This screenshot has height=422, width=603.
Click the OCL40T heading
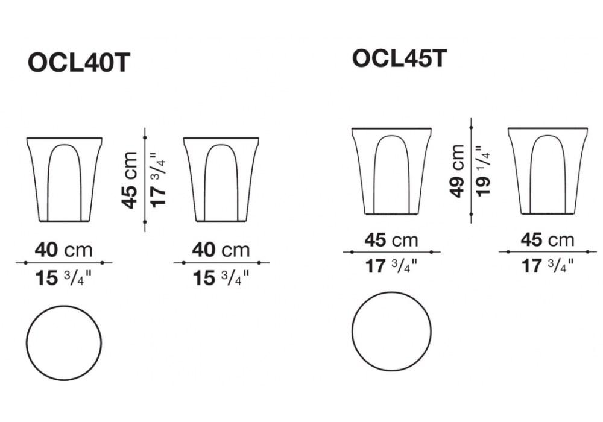tap(79, 62)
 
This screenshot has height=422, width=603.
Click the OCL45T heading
tap(400, 59)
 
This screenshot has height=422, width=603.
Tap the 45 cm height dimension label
tap(130, 180)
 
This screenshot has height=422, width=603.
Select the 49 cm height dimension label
tap(457, 171)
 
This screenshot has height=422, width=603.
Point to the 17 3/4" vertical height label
tap(159, 180)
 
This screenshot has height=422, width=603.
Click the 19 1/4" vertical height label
tap(484, 171)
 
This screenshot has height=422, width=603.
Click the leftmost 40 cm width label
tap(64, 250)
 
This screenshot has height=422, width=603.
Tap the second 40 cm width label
tap(221, 250)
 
